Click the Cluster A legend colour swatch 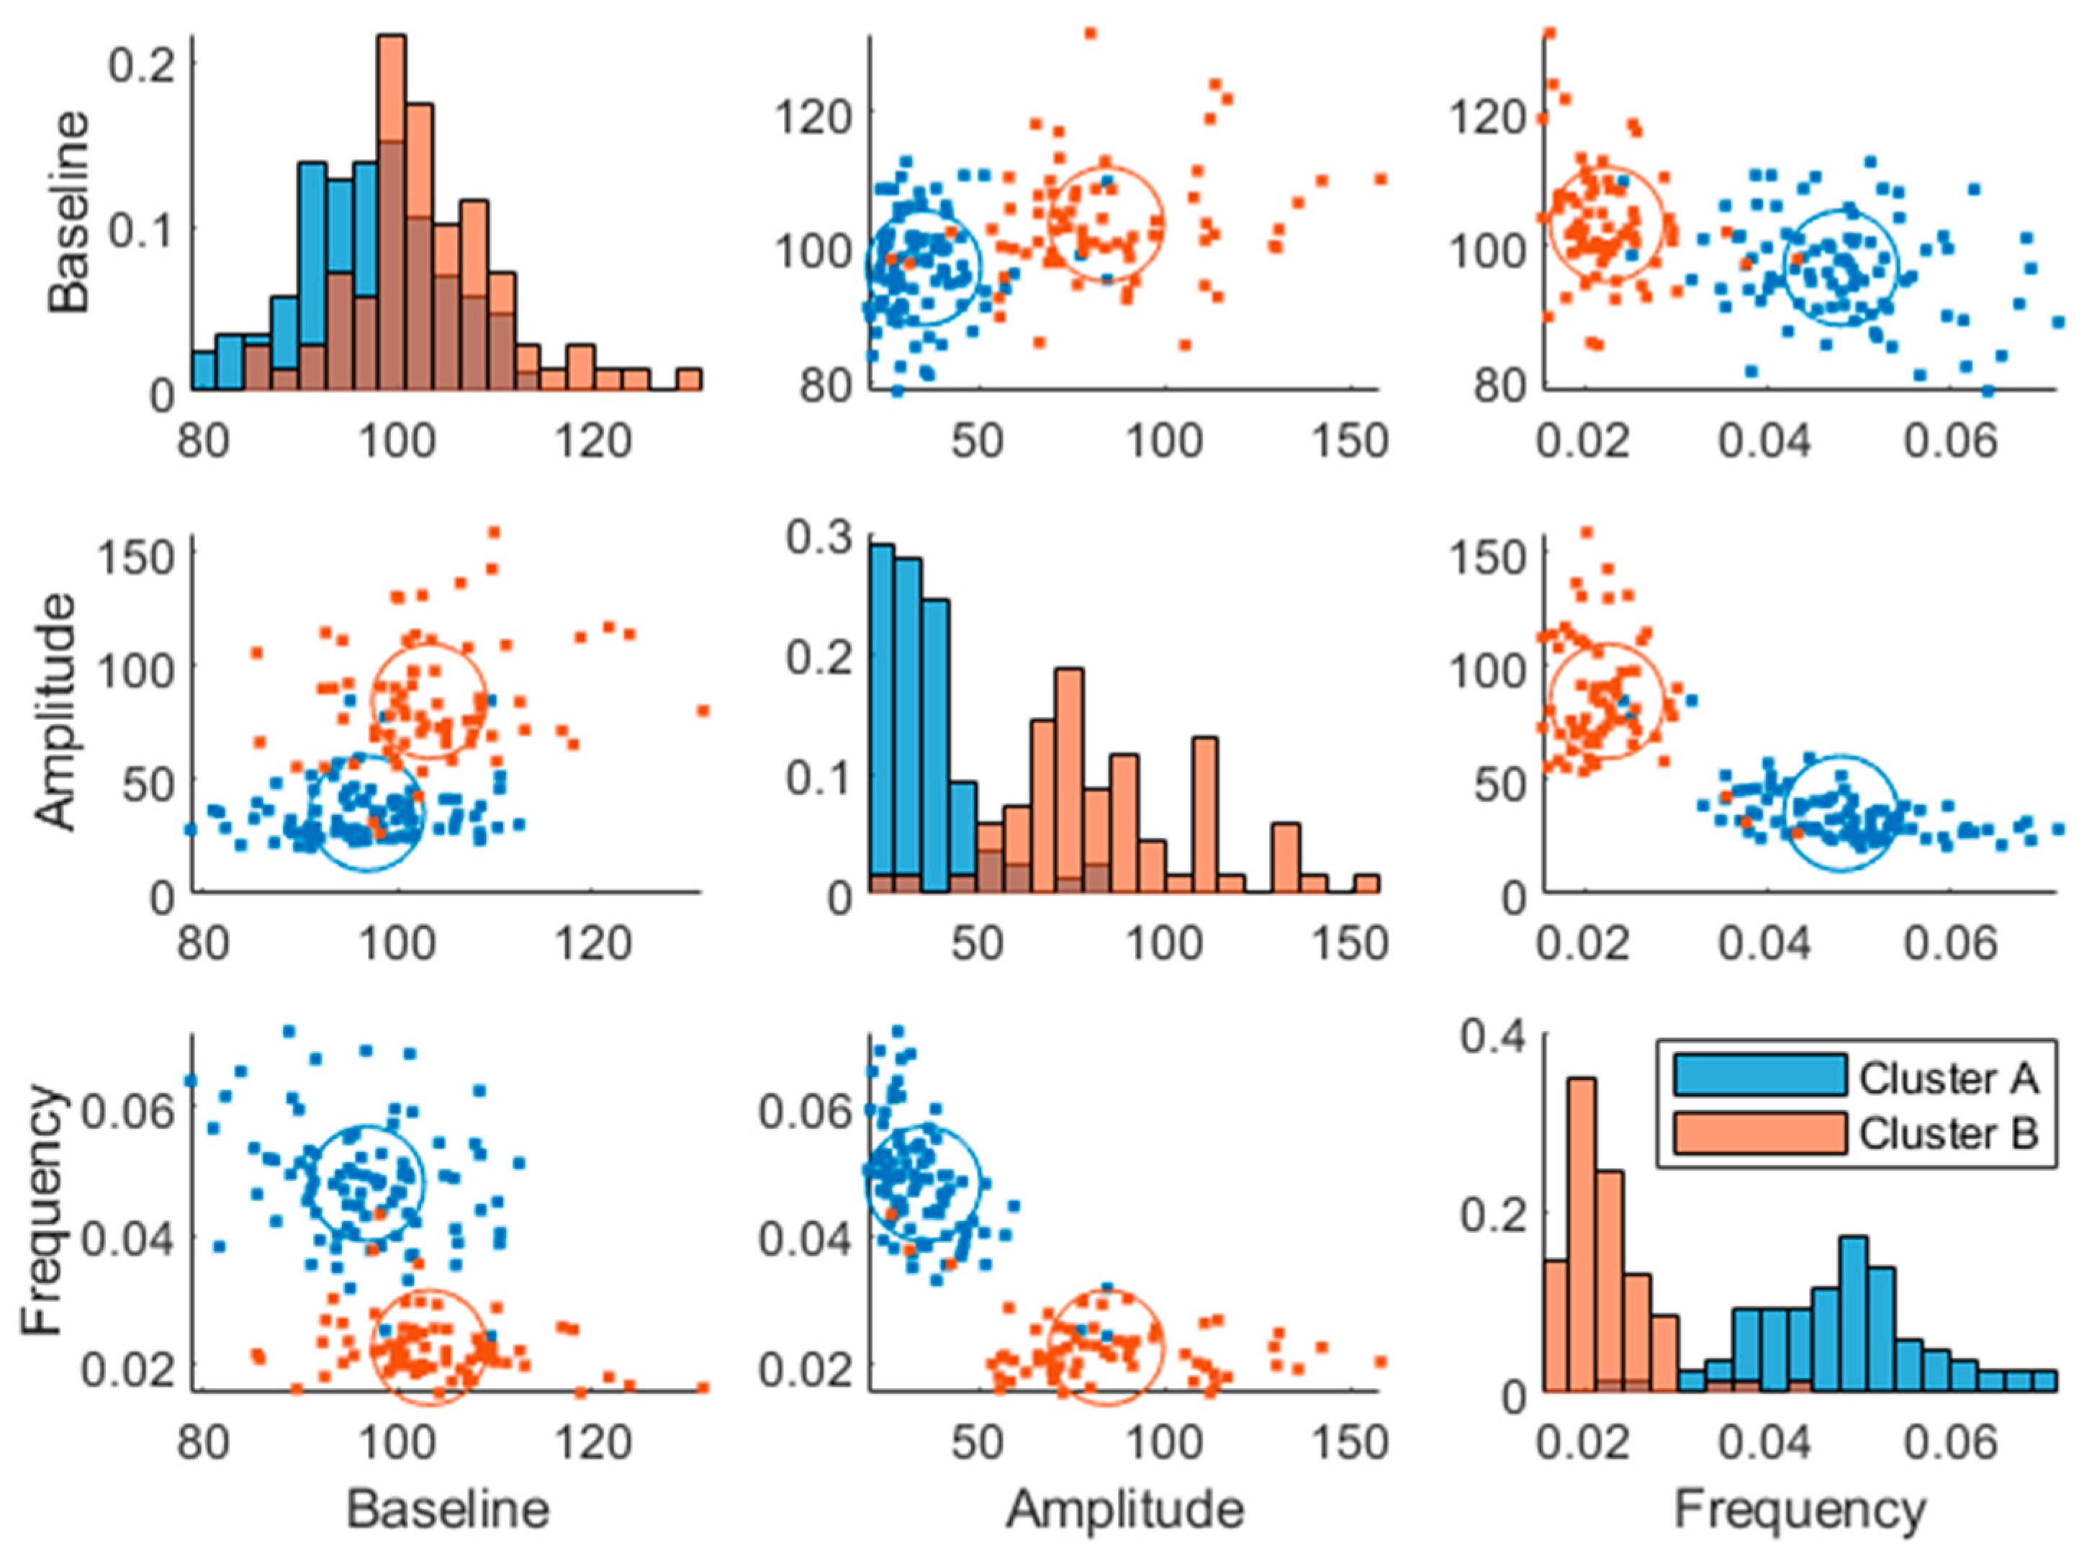[1758, 1075]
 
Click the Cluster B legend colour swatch [1758, 1133]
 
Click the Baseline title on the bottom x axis [448, 1509]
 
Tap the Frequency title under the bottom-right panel [1800, 1509]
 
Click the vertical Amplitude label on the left [57, 711]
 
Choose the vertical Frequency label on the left [42, 1210]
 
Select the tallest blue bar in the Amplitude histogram [882, 716]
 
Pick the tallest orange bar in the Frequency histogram [1583, 1234]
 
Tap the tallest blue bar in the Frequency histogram [1853, 1314]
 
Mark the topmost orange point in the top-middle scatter [1090, 34]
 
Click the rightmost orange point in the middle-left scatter [702, 711]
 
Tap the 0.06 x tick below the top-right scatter [1950, 441]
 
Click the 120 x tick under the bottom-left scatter [592, 1443]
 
